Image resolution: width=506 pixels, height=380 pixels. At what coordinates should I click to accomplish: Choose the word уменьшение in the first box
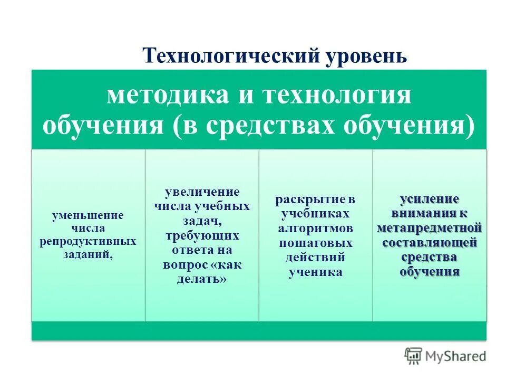(x=87, y=215)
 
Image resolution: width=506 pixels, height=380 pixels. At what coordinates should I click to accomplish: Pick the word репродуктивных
(x=87, y=241)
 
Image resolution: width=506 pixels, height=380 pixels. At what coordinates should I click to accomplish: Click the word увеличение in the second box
(x=202, y=191)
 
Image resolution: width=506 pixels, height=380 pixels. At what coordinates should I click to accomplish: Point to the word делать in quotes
(x=202, y=279)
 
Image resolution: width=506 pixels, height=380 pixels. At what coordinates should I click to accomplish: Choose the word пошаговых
(x=315, y=243)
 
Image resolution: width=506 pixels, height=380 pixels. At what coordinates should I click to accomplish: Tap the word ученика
(x=315, y=272)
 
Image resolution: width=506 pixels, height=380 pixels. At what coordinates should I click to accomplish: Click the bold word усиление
(x=430, y=199)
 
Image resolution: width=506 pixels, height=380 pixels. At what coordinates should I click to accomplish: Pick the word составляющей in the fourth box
(x=430, y=243)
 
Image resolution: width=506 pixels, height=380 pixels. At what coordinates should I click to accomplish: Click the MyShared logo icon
(x=413, y=356)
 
